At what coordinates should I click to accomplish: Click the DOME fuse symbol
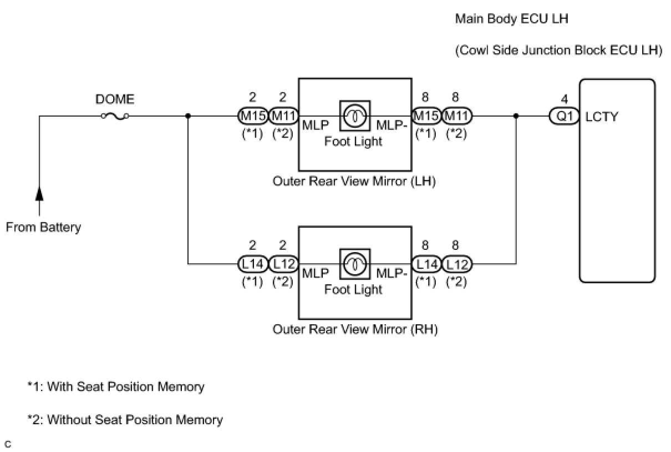[115, 116]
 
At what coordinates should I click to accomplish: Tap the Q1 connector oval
[565, 117]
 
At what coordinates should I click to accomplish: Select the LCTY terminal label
[602, 117]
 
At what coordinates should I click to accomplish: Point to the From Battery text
[43, 227]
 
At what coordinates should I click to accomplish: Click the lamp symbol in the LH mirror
[354, 116]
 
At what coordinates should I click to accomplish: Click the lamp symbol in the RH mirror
[354, 264]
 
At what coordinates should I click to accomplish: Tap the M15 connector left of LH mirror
[253, 116]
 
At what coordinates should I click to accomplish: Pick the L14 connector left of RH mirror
[253, 264]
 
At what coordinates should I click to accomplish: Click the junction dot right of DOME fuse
[189, 116]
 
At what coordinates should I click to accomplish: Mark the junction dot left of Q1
[516, 116]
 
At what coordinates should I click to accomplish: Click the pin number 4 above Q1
[565, 99]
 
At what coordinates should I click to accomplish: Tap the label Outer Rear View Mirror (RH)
[355, 329]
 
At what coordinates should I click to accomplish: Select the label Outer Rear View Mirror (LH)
[354, 182]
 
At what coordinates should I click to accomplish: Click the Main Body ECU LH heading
[512, 19]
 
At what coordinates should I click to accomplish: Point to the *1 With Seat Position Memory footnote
[116, 386]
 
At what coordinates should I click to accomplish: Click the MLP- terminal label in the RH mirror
[392, 273]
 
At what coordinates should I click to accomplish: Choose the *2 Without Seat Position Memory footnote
[125, 420]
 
